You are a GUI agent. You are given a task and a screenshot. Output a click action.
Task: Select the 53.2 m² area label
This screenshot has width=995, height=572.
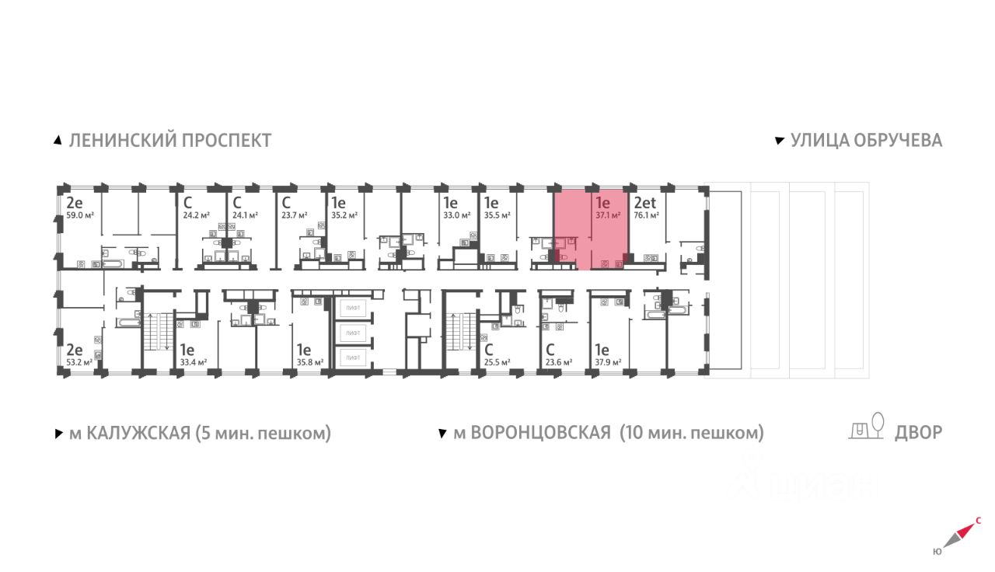(79, 361)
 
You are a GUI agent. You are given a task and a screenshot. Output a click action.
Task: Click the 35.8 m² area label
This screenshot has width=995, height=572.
(308, 361)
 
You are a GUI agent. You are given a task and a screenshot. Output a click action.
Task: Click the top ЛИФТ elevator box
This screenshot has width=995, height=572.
(354, 309)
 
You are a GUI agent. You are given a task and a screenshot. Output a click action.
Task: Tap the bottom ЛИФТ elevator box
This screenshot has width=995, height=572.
(354, 358)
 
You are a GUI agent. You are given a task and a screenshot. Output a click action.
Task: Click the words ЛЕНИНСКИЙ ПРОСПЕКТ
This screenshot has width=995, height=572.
(170, 141)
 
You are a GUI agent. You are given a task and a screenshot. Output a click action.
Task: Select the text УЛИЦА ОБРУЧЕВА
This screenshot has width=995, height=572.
(866, 141)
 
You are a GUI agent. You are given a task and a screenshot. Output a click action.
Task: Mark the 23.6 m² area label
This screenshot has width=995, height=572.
(558, 361)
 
